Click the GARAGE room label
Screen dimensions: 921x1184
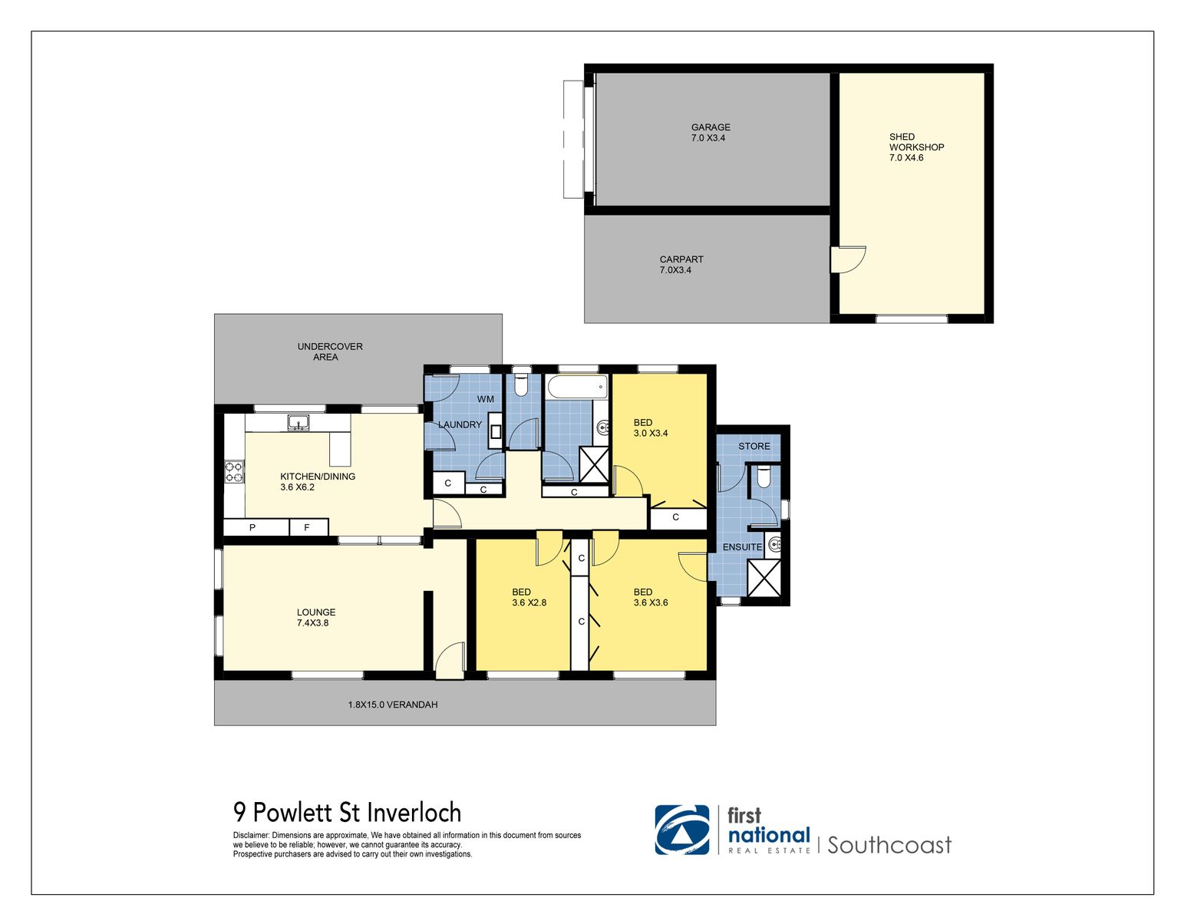point(710,133)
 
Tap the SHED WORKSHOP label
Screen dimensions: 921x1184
point(915,147)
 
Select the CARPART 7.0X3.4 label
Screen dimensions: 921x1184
point(681,265)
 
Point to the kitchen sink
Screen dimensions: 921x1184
point(298,422)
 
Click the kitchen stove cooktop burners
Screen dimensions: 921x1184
point(234,472)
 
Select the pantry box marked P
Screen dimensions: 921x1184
point(252,528)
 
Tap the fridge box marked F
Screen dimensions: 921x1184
point(307,528)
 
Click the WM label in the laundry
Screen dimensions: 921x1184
point(485,399)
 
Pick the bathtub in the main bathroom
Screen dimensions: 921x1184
point(576,388)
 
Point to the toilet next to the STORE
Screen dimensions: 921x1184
point(763,478)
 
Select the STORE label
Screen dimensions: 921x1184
point(754,446)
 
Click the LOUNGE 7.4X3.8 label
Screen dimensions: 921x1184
point(315,618)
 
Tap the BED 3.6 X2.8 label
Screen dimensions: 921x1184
point(528,597)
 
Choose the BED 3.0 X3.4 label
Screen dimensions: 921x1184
point(650,427)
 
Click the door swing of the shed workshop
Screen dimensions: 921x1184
point(849,259)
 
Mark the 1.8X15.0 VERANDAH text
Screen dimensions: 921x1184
point(392,705)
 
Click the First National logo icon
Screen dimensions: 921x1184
point(681,830)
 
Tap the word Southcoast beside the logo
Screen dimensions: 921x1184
point(889,845)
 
